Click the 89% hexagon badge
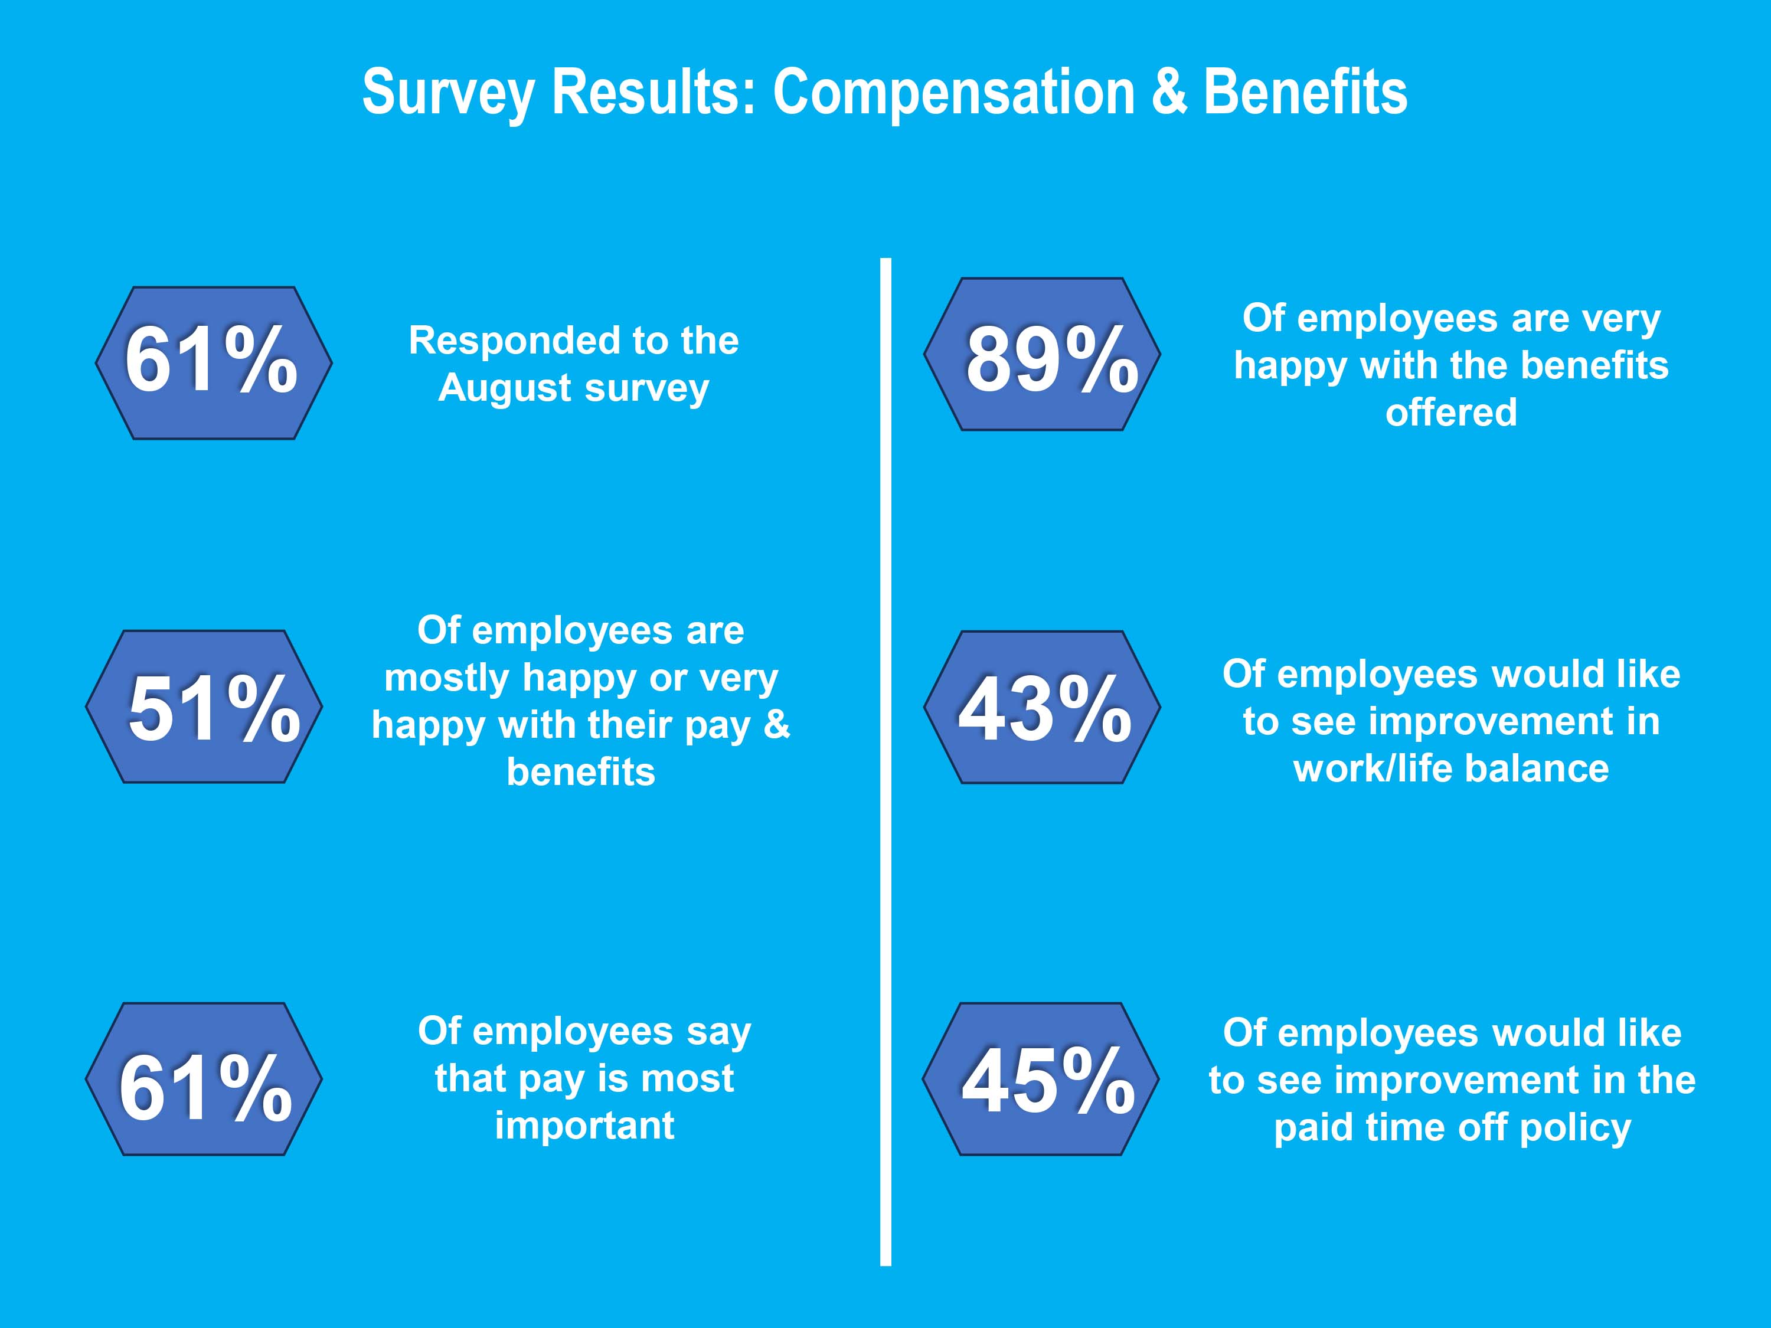(1041, 355)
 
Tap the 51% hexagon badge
(204, 707)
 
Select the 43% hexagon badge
(1041, 707)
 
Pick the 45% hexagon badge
(1040, 1079)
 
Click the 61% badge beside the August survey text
(214, 362)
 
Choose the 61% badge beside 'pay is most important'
(204, 1079)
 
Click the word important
(584, 1126)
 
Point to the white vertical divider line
(885, 760)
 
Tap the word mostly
(447, 679)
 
